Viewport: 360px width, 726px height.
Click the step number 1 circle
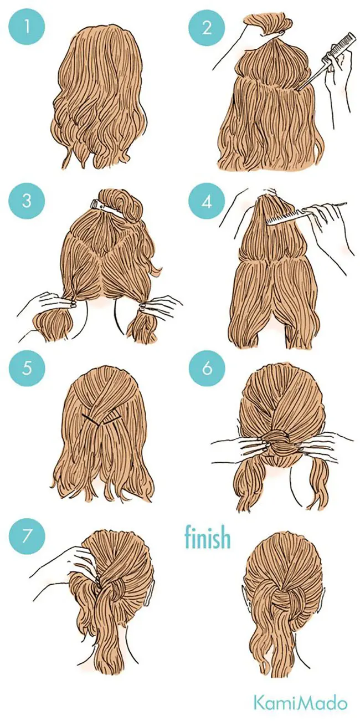27,27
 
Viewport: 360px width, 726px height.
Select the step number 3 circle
27,201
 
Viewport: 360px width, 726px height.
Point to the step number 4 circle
207,201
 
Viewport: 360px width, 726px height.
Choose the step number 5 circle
27,368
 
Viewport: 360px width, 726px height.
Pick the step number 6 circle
207,368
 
